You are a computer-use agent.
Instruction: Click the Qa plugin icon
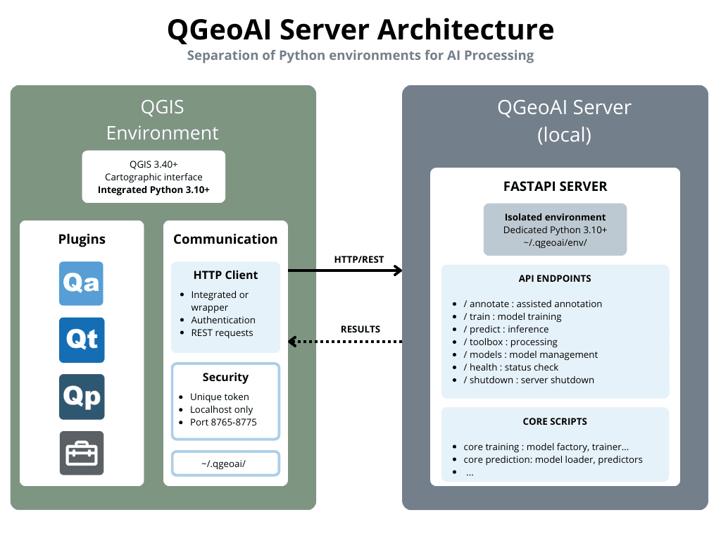(x=82, y=284)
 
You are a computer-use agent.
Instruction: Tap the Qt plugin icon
(x=82, y=340)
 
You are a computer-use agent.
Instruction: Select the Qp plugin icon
(x=82, y=397)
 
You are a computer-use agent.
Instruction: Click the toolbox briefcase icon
(x=82, y=453)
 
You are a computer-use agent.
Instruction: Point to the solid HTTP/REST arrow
(x=345, y=270)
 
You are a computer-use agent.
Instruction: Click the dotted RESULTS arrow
(x=345, y=342)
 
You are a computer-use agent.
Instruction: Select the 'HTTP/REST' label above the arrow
(x=359, y=259)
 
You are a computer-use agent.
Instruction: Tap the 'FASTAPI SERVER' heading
(x=555, y=187)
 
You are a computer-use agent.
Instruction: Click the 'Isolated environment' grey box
(x=555, y=230)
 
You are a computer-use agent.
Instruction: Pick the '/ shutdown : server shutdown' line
(x=528, y=380)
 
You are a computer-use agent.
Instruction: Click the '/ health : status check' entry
(x=510, y=367)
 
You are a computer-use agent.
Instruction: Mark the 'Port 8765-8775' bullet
(x=223, y=422)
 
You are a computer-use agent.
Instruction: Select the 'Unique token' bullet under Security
(x=220, y=397)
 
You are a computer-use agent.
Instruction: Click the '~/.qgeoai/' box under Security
(x=225, y=463)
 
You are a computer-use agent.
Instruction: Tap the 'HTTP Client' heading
(x=225, y=275)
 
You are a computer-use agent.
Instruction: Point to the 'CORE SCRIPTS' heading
(x=555, y=421)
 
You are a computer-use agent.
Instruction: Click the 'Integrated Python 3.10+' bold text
(x=153, y=189)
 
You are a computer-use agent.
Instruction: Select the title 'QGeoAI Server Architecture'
(x=360, y=30)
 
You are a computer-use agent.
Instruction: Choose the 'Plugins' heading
(x=82, y=240)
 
